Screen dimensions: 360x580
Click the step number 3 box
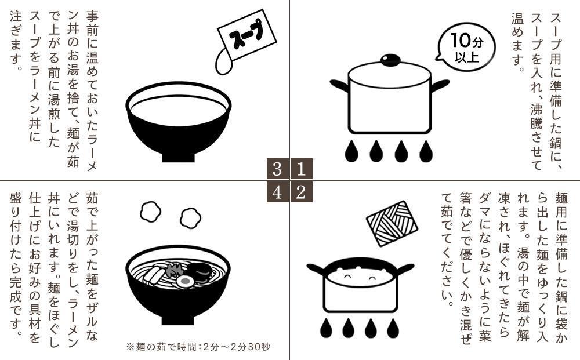(278, 169)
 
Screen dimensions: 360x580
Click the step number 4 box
(278, 192)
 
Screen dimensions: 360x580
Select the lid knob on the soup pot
(389, 60)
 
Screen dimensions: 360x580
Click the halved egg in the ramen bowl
(184, 282)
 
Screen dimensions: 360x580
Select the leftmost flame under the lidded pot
(351, 151)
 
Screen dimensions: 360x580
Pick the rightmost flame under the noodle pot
(393, 328)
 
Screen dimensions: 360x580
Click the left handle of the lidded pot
(339, 85)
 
